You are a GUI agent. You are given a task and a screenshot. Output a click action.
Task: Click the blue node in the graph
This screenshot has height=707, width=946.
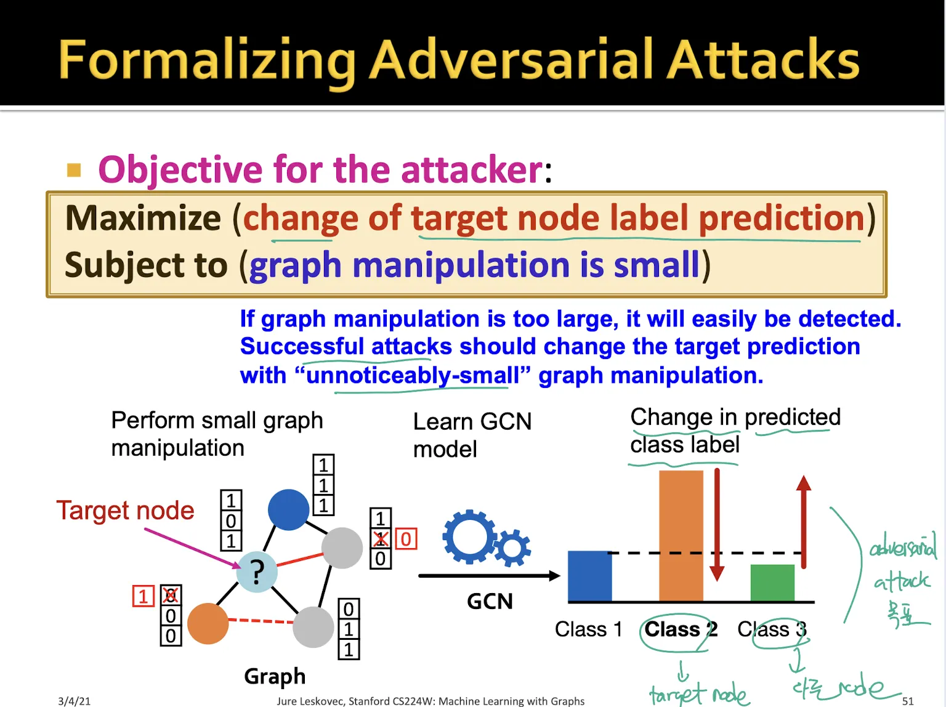click(x=288, y=509)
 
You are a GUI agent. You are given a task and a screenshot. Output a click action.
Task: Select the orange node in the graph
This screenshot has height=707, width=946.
click(x=208, y=623)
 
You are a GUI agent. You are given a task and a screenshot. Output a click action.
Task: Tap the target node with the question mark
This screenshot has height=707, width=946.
click(x=257, y=572)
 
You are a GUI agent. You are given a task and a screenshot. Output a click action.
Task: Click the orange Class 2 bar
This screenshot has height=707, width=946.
click(x=681, y=536)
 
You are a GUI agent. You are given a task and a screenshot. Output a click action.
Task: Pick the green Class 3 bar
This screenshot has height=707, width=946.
click(x=772, y=582)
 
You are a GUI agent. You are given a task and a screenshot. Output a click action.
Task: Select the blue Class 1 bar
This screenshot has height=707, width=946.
click(x=589, y=576)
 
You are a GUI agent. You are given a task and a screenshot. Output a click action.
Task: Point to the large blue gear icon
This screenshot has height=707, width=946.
click(x=469, y=536)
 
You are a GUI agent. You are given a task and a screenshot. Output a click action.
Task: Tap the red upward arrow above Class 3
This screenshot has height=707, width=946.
click(x=803, y=520)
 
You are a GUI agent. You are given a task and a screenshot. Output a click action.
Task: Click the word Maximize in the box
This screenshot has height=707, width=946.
click(x=143, y=218)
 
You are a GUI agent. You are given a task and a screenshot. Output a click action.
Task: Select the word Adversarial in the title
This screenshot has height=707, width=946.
click(x=514, y=60)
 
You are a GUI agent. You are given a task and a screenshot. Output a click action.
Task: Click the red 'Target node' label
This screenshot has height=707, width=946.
click(x=125, y=511)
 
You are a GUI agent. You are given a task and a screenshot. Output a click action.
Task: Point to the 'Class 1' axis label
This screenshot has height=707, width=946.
click(x=588, y=629)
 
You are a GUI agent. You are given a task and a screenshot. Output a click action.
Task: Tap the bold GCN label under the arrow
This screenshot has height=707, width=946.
click(x=490, y=601)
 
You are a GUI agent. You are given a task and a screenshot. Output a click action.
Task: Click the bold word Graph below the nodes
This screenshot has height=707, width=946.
click(x=275, y=676)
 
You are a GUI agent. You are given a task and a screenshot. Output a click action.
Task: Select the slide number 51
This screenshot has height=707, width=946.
click(x=908, y=701)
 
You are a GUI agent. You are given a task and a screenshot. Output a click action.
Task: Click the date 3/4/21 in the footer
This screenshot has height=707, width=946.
click(x=74, y=701)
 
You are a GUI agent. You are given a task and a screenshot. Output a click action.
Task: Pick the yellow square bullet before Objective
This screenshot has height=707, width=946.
click(x=74, y=170)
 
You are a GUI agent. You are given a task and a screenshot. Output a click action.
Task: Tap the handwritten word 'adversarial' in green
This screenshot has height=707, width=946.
click(x=902, y=546)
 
